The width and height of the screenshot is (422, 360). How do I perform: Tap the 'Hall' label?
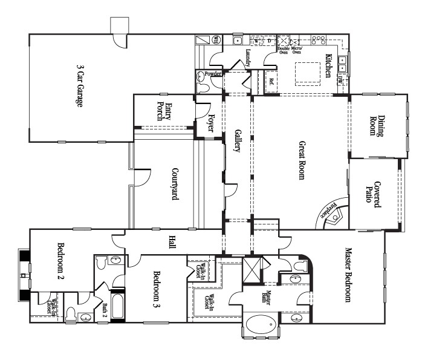(x=172, y=243)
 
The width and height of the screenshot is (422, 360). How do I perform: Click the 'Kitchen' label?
(x=329, y=65)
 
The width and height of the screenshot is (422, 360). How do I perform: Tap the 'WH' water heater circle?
(x=218, y=41)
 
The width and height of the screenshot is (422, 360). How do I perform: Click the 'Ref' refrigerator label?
(x=272, y=81)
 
